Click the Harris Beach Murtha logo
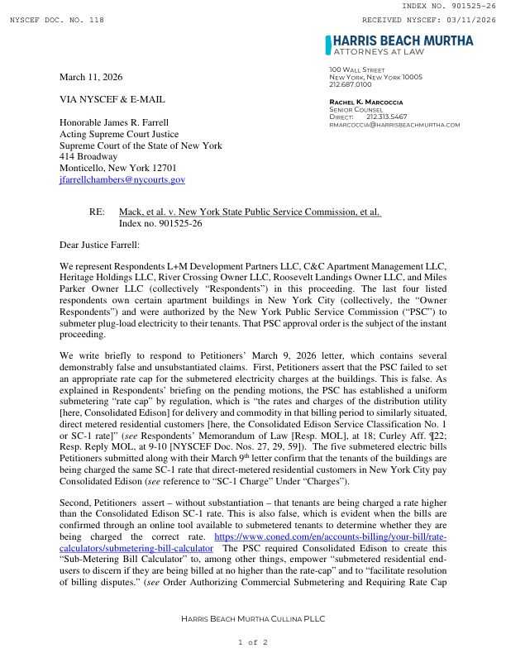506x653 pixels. pos(399,45)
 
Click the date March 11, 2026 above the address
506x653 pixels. pos(91,77)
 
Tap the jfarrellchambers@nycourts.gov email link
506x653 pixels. pos(122,179)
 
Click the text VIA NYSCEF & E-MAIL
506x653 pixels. pos(112,99)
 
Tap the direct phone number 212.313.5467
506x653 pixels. pos(386,117)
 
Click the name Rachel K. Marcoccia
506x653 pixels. pos(367,102)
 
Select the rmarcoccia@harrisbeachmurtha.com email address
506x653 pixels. pos(394,124)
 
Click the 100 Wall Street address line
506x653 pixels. pos(357,69)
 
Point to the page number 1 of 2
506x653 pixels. pos(253,641)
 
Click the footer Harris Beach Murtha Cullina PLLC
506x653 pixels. pos(253,619)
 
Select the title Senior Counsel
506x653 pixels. pos(356,109)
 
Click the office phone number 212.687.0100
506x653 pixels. pos(351,84)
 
